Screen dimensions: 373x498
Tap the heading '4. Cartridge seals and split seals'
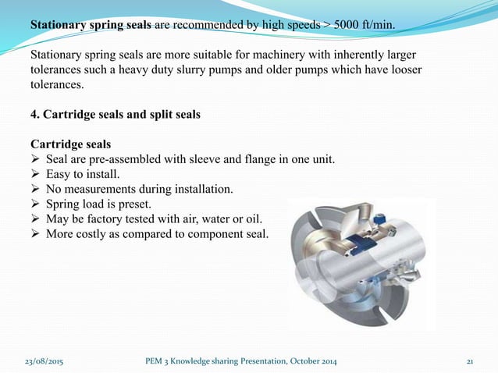pyautogui.click(x=115, y=115)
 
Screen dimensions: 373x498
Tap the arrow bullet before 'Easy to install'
pyautogui.click(x=35, y=175)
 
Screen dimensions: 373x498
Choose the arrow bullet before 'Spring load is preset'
pyautogui.click(x=35, y=204)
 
